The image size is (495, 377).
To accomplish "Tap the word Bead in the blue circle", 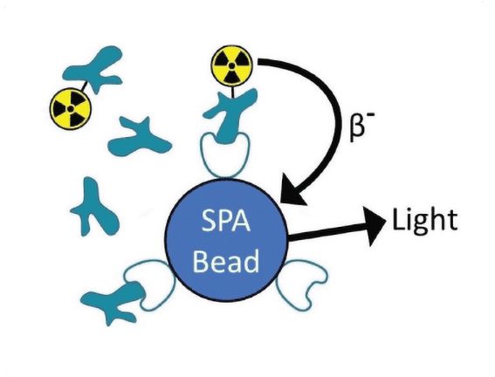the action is point(226,261).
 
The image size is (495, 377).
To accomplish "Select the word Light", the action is point(424,221).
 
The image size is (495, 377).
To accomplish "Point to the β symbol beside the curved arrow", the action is point(357,128).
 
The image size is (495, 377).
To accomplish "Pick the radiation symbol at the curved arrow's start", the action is point(231,65).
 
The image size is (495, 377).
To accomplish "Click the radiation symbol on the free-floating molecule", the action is point(71,108).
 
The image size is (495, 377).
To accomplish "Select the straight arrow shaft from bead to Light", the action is point(325,233).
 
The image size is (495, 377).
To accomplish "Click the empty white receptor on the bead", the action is point(301,284).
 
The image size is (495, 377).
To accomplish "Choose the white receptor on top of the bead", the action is point(224,154).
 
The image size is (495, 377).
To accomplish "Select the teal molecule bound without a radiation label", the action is point(113,302).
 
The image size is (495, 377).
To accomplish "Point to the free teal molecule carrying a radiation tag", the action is point(93,69).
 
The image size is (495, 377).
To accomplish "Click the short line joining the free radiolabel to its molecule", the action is point(84,86).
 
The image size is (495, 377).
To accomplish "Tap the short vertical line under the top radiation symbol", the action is point(233,92).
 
